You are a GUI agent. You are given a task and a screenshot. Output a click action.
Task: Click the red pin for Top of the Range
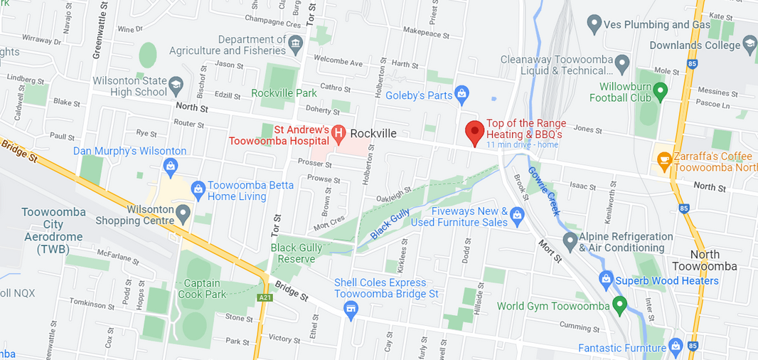475,132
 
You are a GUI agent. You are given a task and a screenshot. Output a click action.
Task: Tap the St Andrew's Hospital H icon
339,133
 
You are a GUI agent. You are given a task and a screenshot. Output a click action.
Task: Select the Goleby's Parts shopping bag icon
461,93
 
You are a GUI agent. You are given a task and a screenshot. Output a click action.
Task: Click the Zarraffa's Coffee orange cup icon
665,161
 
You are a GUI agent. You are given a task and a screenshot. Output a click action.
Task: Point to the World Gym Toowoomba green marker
619,306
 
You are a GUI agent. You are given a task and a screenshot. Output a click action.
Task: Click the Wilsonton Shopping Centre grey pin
183,212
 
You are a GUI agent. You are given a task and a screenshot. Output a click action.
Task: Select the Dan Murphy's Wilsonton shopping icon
170,167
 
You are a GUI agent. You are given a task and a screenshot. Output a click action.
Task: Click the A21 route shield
265,297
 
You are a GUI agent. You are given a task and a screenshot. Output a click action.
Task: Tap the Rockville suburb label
373,134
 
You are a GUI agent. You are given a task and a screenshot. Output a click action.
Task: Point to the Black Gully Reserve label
297,253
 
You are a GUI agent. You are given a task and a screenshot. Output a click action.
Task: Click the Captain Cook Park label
203,288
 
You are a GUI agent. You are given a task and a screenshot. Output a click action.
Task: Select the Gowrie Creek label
544,192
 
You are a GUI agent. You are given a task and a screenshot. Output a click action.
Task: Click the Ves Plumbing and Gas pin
594,25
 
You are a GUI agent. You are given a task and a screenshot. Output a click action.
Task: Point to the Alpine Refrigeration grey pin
570,240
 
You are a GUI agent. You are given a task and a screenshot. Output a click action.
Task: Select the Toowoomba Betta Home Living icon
198,189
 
